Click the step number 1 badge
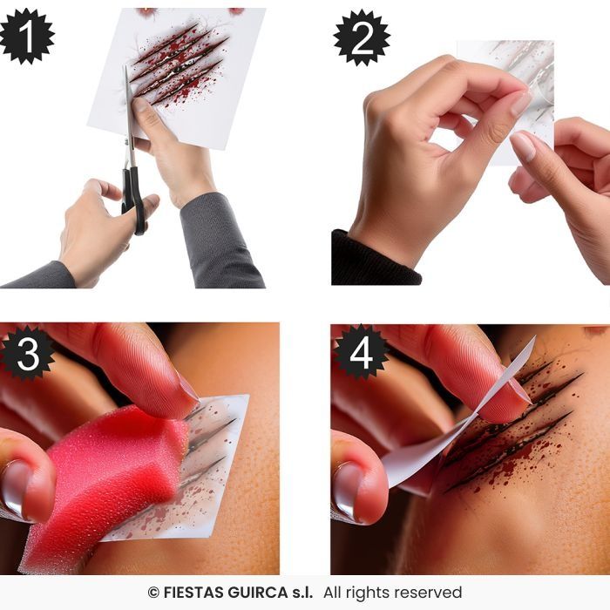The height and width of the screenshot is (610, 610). pyautogui.click(x=26, y=36)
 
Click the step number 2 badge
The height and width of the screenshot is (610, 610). pyautogui.click(x=362, y=37)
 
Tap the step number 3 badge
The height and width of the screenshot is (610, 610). pyautogui.click(x=27, y=353)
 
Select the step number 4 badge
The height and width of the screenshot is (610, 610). pyautogui.click(x=360, y=352)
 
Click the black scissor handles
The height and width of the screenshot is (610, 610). pyautogui.click(x=134, y=200)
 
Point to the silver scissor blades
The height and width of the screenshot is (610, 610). pyautogui.click(x=129, y=117)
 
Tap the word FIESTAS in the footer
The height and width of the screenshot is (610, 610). pyautogui.click(x=193, y=593)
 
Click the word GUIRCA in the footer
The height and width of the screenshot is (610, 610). pyautogui.click(x=258, y=593)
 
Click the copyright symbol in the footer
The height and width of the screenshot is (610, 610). pyautogui.click(x=153, y=593)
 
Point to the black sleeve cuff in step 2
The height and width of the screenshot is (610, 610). pyautogui.click(x=376, y=259)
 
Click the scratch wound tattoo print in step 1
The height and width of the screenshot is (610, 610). pyautogui.click(x=180, y=65)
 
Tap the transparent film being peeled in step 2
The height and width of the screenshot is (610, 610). pyautogui.click(x=505, y=102)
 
